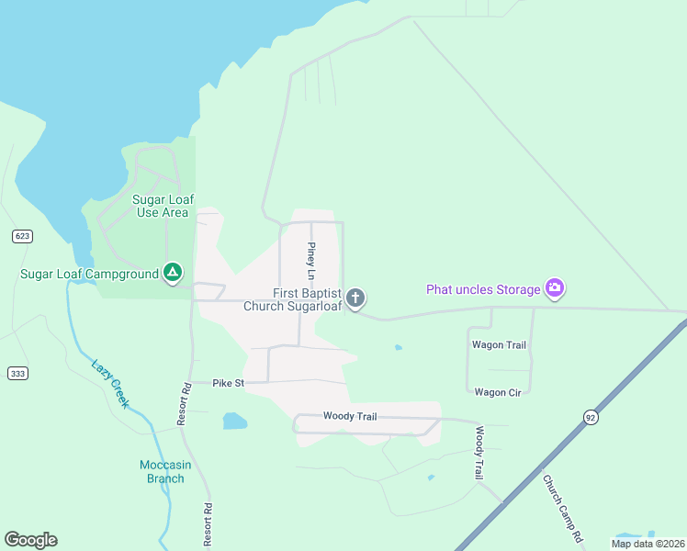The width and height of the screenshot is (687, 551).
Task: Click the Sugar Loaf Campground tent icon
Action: click(172, 272)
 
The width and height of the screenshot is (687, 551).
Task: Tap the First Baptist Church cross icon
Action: click(356, 298)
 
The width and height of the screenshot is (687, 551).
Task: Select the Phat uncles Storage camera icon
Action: click(555, 289)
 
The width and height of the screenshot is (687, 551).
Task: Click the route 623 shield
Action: click(23, 236)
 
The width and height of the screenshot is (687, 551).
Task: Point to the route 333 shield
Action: click(17, 373)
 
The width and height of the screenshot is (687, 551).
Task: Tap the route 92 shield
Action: click(590, 417)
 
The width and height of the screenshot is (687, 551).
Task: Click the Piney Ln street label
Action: click(311, 262)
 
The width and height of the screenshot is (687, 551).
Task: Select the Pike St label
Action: click(228, 382)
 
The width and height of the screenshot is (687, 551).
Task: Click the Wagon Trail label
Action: click(499, 345)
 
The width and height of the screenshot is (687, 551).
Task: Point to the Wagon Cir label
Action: click(498, 392)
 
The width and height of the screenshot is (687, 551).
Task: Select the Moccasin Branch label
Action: click(165, 471)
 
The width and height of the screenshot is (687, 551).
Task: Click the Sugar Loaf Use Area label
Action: click(162, 206)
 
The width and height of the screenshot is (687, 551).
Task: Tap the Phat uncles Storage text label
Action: click(483, 290)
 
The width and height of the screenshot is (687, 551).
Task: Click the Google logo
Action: click(30, 540)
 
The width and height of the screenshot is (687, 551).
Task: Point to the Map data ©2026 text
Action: click(648, 544)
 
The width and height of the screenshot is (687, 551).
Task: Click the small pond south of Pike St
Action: click(235, 422)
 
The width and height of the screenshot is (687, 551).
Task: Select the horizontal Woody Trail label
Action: click(349, 416)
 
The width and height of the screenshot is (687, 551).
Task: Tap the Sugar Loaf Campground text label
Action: click(89, 273)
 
